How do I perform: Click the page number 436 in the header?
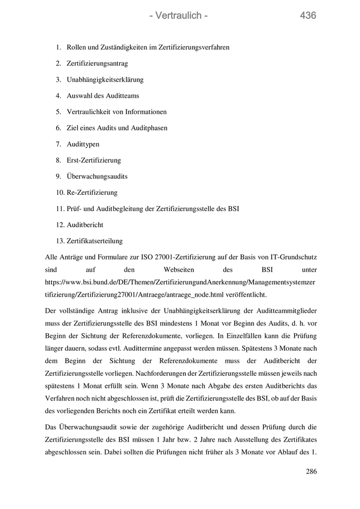click(x=308, y=16)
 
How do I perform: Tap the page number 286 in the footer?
click(x=311, y=471)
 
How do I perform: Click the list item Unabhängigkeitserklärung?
click(x=105, y=80)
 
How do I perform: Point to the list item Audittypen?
click(x=83, y=144)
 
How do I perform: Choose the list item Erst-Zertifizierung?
click(x=94, y=160)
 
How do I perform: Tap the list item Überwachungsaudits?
click(x=97, y=176)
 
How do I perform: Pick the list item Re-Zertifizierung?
click(x=92, y=192)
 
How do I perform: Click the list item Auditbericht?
click(x=85, y=225)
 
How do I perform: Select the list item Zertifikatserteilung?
click(x=95, y=241)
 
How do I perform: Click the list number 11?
click(x=60, y=209)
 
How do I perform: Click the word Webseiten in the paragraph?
click(x=178, y=269)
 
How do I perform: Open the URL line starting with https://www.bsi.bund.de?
click(x=180, y=282)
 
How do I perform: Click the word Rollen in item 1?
click(x=76, y=47)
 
